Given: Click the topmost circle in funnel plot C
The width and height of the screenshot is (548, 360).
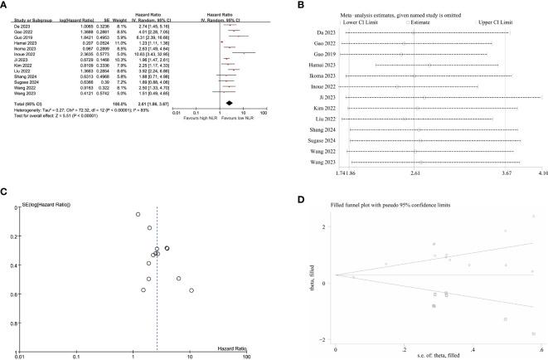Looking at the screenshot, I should pos(138,214).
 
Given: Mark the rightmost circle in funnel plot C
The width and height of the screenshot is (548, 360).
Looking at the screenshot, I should pos(192,290).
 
